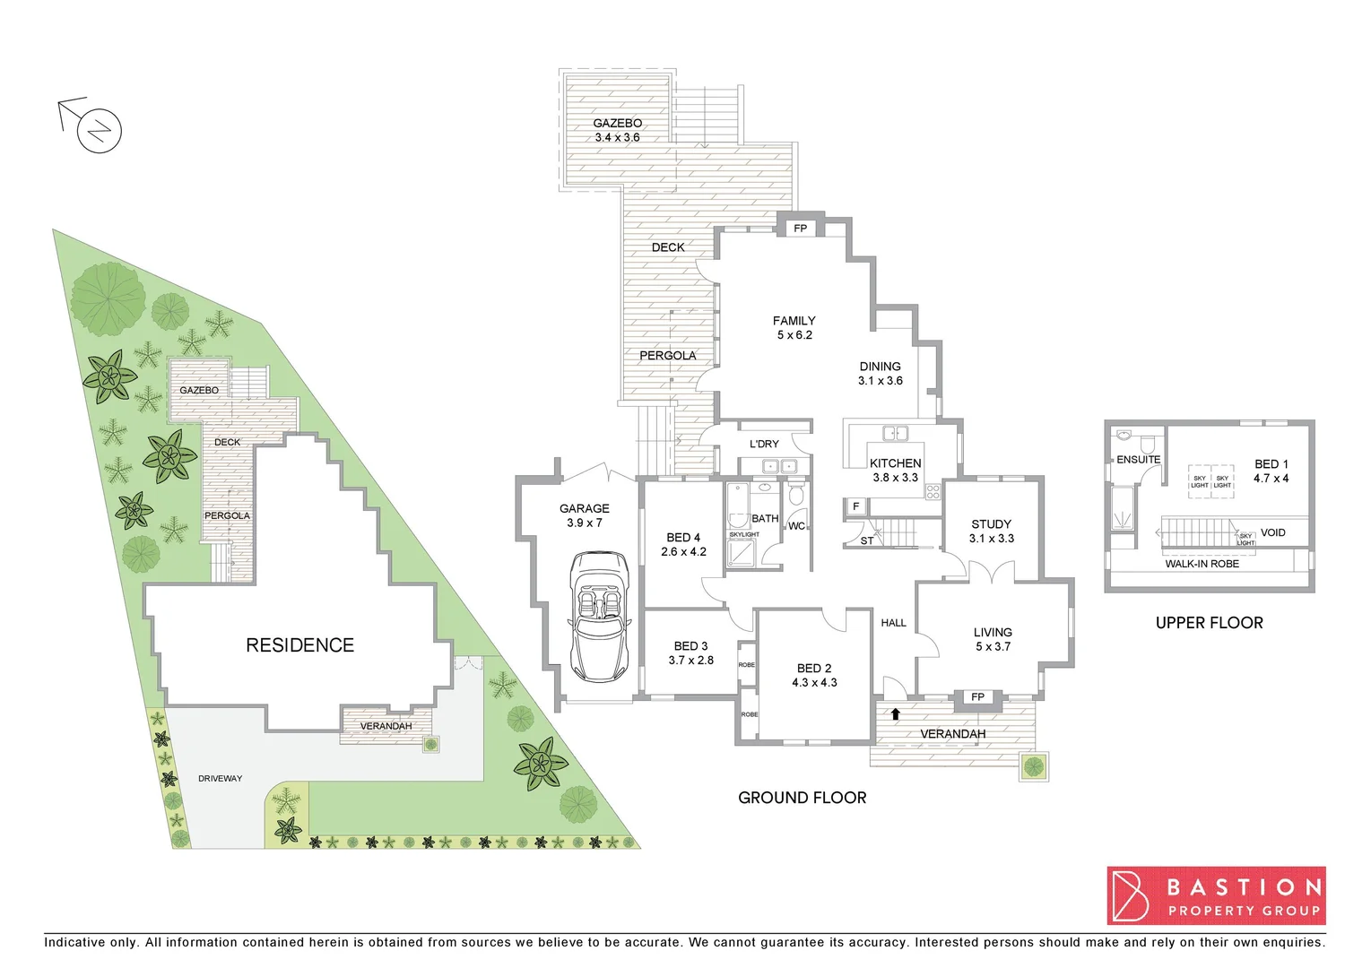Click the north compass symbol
click(x=99, y=131)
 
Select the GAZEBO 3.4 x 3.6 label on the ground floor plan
click(x=617, y=130)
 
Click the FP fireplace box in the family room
click(x=800, y=229)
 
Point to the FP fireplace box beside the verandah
click(x=977, y=697)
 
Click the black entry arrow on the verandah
click(x=895, y=714)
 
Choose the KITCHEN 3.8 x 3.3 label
click(x=895, y=471)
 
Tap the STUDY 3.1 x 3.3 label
click(x=991, y=532)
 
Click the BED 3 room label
click(x=690, y=653)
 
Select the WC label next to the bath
click(x=796, y=526)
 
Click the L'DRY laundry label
click(x=764, y=444)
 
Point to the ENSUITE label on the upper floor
click(x=1138, y=460)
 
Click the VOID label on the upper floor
click(x=1272, y=532)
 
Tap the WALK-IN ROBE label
click(x=1202, y=564)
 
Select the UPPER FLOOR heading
click(x=1209, y=623)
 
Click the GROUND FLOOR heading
click(x=802, y=798)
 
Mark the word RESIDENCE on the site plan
click(x=299, y=645)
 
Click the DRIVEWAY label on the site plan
click(x=220, y=779)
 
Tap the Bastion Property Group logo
click(x=1216, y=895)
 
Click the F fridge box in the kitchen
click(x=855, y=507)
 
